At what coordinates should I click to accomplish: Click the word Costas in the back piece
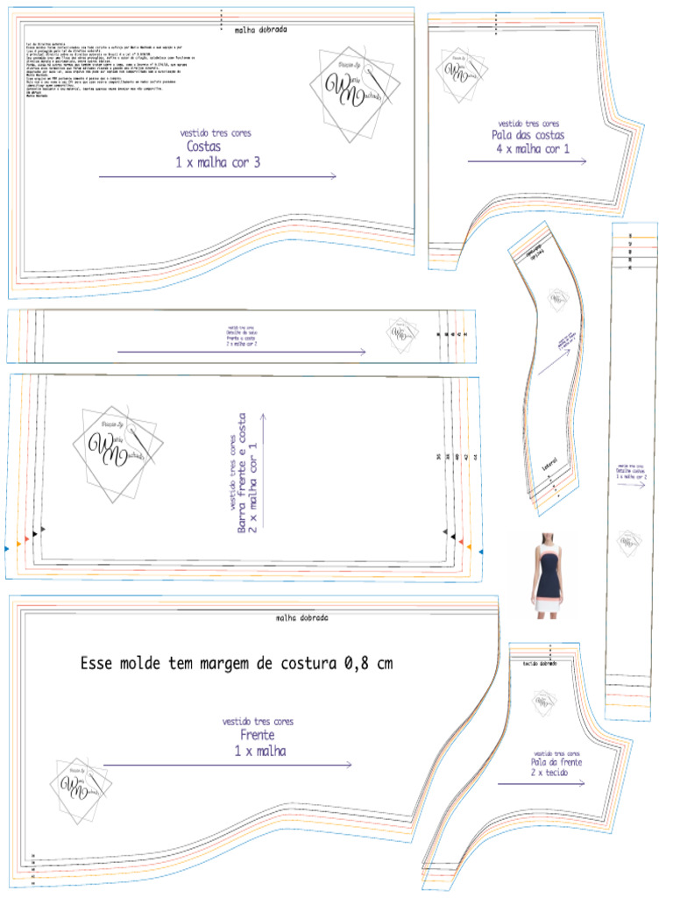click(x=204, y=147)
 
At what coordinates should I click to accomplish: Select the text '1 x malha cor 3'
click(x=218, y=162)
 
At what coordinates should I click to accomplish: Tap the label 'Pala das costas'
click(x=528, y=136)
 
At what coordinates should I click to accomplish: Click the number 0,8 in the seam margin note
click(x=356, y=664)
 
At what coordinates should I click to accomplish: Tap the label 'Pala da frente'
click(x=556, y=763)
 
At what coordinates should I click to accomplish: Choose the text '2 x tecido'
click(x=556, y=775)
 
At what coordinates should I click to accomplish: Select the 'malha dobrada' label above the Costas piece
click(x=261, y=29)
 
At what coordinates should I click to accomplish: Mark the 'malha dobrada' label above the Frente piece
click(x=301, y=618)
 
